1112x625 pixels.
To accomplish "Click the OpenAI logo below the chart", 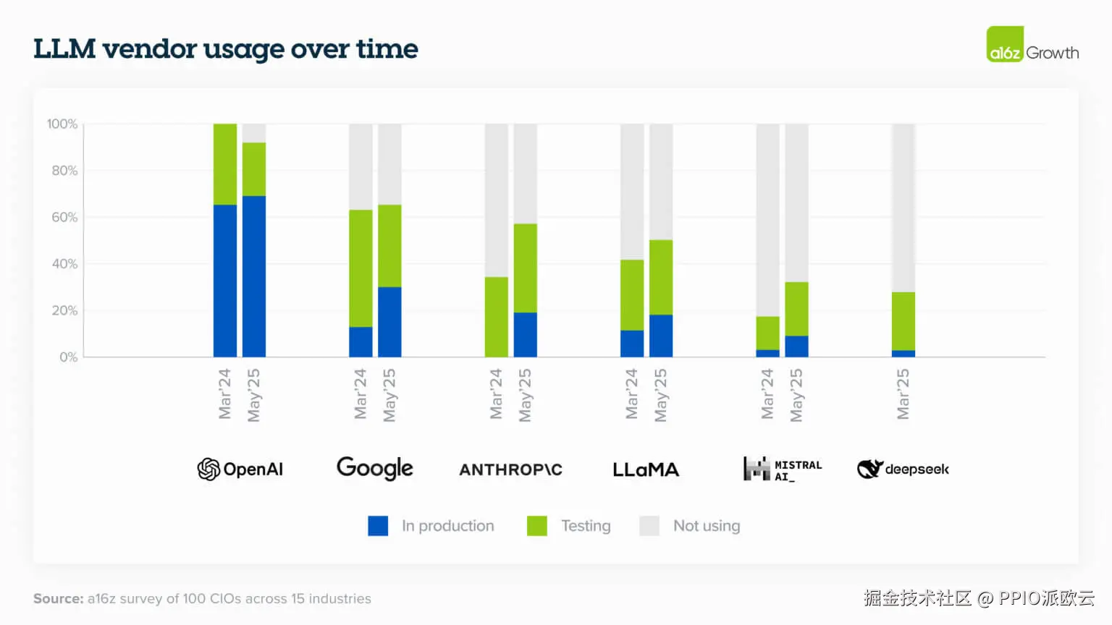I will [240, 469].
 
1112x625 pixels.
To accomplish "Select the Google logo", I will [375, 469].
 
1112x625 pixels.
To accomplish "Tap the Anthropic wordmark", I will [510, 469].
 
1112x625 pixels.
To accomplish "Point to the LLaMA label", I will [646, 469].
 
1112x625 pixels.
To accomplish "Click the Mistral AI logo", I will [782, 469].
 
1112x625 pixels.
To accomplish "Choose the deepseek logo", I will [903, 469].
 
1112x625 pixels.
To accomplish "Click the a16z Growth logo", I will [1032, 45].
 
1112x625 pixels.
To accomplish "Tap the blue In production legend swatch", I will [378, 526].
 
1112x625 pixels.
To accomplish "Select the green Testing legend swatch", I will [537, 526].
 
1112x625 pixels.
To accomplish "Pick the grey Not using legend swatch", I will [649, 526].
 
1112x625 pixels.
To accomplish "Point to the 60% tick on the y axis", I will [64, 218].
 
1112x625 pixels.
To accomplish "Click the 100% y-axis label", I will [62, 124].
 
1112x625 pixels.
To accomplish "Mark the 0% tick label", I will [68, 357].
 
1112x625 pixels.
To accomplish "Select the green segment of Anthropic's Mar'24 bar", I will [497, 317].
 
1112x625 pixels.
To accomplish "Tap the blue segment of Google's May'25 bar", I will [389, 322].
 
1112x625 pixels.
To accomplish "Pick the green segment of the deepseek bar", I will [903, 321].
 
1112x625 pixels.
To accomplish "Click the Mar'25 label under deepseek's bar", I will [903, 394].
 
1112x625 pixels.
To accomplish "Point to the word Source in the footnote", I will [59, 599].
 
